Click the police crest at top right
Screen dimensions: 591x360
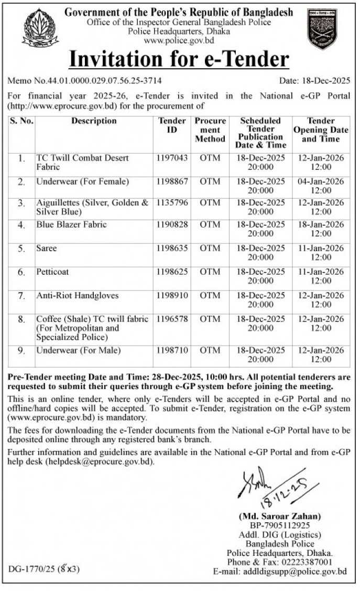coord(321,29)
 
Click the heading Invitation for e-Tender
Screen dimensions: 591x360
coord(179,59)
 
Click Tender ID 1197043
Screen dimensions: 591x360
coord(172,158)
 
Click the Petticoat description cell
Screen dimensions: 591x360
coord(52,272)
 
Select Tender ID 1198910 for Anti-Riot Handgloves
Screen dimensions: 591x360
coord(172,296)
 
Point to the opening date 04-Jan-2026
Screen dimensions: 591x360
coord(321,181)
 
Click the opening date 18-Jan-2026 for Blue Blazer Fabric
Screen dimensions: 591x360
coord(321,224)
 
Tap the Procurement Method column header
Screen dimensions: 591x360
coord(210,130)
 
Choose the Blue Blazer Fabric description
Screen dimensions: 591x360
coord(71,224)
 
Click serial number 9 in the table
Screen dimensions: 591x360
coord(21,350)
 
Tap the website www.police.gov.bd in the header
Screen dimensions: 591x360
coord(179,40)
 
